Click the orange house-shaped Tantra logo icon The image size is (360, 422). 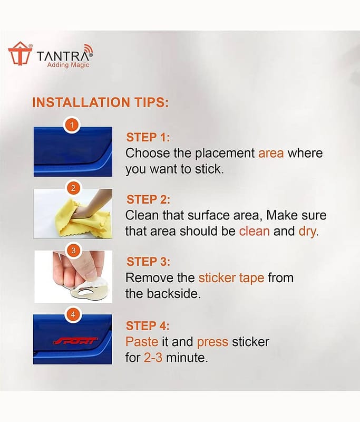click(x=20, y=54)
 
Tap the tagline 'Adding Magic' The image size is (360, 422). click(x=68, y=65)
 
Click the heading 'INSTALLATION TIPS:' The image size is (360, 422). click(x=100, y=102)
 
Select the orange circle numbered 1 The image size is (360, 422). click(x=72, y=125)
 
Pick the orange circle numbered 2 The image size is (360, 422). click(x=73, y=188)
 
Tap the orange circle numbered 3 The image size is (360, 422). click(x=73, y=251)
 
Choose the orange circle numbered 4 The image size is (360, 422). click(x=73, y=314)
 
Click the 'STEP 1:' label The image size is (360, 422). click(x=148, y=137)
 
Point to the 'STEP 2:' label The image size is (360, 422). click(x=149, y=199)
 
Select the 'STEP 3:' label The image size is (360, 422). click(x=149, y=262)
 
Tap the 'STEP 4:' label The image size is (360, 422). click(x=148, y=326)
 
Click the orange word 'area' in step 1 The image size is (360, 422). click(x=271, y=154)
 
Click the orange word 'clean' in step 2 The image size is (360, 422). click(x=255, y=231)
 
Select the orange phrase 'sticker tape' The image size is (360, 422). click(x=231, y=278)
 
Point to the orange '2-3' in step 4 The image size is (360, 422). click(x=153, y=358)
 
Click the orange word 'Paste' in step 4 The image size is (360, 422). click(x=142, y=342)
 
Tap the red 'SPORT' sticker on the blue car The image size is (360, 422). click(x=75, y=341)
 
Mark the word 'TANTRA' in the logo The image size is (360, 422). click(x=62, y=56)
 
